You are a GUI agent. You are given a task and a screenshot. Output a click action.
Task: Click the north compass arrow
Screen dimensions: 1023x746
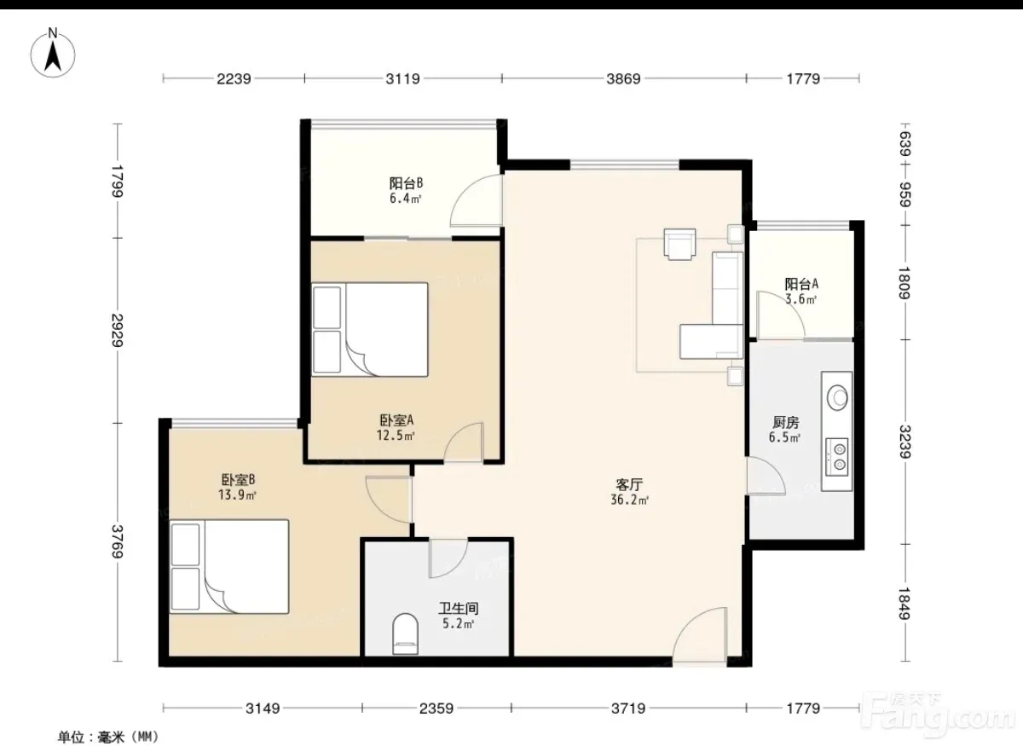(x=53, y=56)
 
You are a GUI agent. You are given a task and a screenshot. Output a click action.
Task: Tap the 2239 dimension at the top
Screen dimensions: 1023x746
(x=234, y=79)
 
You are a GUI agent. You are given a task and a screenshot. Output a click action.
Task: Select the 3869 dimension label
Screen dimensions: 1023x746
(x=623, y=79)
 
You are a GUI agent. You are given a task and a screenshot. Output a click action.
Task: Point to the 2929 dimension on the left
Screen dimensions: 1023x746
(x=118, y=330)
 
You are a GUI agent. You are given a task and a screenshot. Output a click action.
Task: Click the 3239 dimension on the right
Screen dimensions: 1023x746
(x=905, y=442)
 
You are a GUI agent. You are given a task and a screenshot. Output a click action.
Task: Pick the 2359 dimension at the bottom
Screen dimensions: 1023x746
(x=436, y=708)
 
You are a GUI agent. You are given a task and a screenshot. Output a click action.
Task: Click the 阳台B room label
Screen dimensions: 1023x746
(x=406, y=183)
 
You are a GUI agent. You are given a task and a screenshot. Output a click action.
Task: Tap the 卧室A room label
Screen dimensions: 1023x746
(x=396, y=419)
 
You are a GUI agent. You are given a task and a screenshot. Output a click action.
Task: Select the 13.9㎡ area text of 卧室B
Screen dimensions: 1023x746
(x=238, y=494)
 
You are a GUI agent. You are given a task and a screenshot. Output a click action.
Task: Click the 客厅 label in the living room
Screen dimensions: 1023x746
(x=629, y=484)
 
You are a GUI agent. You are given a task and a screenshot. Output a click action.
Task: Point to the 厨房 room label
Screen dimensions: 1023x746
(x=785, y=423)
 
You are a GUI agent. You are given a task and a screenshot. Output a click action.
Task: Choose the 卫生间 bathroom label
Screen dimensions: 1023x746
(x=459, y=609)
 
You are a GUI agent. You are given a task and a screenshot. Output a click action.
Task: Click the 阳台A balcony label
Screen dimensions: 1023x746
(x=801, y=284)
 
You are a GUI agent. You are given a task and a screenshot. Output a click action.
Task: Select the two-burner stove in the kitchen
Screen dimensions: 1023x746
(x=837, y=457)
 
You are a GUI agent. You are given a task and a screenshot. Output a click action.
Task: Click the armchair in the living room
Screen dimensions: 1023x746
(x=680, y=244)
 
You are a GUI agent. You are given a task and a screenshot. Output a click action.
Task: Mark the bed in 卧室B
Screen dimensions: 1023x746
(x=229, y=566)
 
